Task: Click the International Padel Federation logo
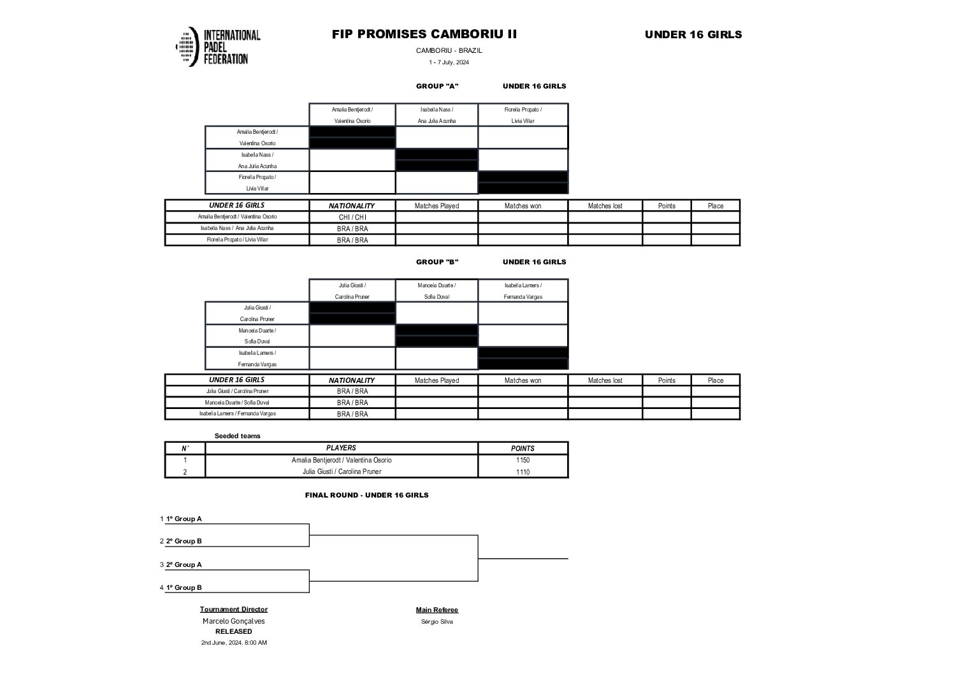(x=218, y=47)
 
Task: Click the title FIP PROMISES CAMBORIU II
(x=424, y=34)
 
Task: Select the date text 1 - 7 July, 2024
(x=449, y=62)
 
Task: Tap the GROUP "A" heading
(x=437, y=86)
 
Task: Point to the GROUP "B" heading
(x=437, y=262)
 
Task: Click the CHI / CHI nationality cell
(x=352, y=217)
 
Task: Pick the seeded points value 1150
(x=523, y=460)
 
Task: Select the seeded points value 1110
(x=523, y=472)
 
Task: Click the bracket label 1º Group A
(x=184, y=519)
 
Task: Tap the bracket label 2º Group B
(x=184, y=541)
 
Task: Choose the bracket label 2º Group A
(x=184, y=564)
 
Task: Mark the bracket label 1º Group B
(x=184, y=587)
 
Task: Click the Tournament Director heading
(x=233, y=610)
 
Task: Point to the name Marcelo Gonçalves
(x=233, y=621)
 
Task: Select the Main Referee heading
(x=437, y=610)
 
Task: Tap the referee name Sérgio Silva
(x=437, y=622)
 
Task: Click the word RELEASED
(x=233, y=631)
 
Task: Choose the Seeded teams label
(x=237, y=436)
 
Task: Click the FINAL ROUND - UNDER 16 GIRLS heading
(x=366, y=495)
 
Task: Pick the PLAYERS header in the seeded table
(x=341, y=448)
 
